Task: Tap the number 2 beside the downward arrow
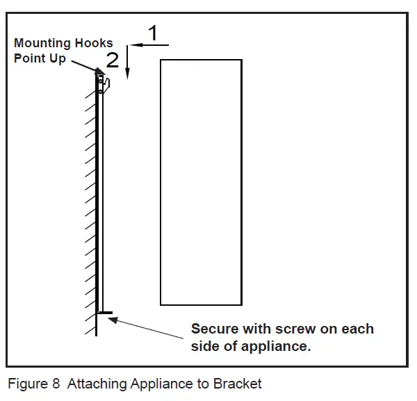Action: pos(113,59)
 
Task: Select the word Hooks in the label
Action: pos(95,43)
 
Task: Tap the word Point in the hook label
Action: pos(28,58)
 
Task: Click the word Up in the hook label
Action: pos(58,59)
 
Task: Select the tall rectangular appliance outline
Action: pos(201,182)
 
